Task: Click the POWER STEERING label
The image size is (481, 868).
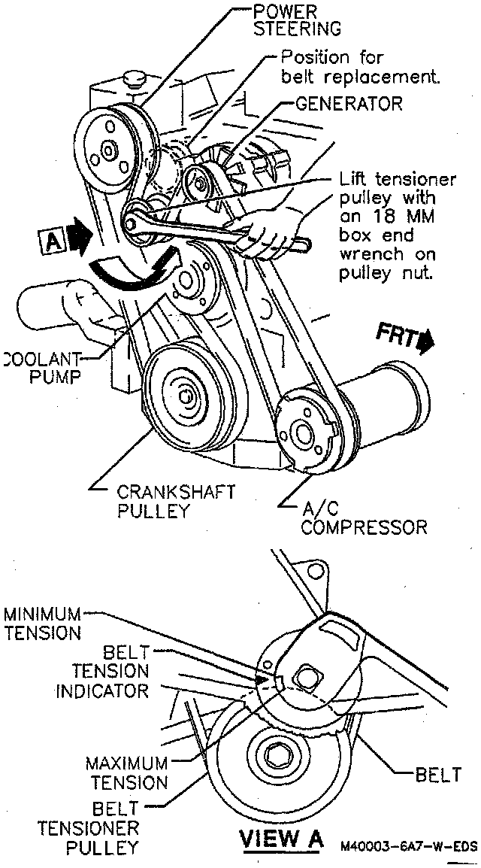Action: (x=297, y=21)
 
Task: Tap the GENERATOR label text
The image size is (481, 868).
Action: (x=348, y=103)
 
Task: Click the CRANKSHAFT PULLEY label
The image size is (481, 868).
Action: (x=175, y=502)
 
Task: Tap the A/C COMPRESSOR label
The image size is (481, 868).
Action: (x=363, y=517)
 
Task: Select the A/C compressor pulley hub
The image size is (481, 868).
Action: (x=304, y=433)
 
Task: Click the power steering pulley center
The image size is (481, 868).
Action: (x=107, y=151)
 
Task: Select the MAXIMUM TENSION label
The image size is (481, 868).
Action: (x=126, y=772)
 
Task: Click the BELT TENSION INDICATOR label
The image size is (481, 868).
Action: (x=102, y=670)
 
